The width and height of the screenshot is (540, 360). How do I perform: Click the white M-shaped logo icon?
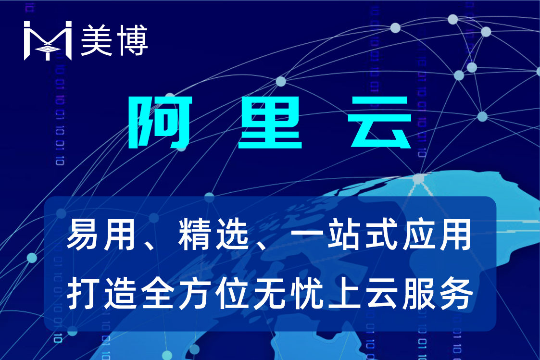48,40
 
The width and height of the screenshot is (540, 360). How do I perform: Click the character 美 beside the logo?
97,40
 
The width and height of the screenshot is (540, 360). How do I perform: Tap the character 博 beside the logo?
132,40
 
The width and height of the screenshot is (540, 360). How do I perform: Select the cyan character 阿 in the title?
160,122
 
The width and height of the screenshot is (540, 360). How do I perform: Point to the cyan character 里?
270,122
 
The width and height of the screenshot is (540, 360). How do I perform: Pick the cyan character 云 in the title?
379,122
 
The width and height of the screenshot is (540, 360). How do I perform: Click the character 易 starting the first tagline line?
82,235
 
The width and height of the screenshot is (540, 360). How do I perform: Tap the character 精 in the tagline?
194,235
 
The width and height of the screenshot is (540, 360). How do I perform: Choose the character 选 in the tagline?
232,235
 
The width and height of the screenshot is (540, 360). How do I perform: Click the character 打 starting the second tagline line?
83,294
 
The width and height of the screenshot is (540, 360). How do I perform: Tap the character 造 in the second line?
120,294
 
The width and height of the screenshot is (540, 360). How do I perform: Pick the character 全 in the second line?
157,294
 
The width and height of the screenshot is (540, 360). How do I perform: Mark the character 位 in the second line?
232,294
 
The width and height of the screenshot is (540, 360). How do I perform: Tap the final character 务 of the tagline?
456,294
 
